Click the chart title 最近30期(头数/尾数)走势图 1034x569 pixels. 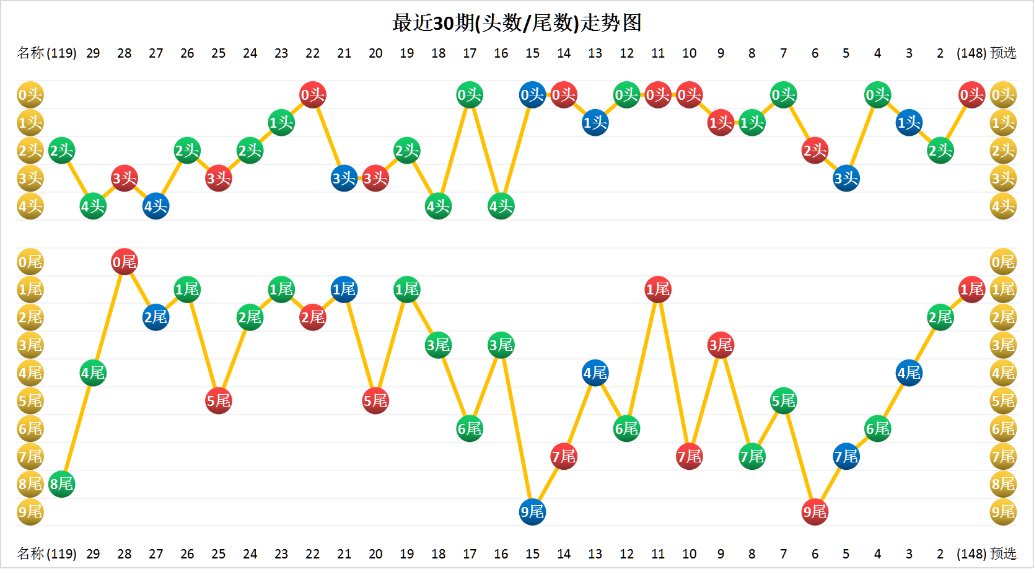(517, 23)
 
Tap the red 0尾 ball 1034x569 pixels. (125, 262)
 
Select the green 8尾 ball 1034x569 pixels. (61, 484)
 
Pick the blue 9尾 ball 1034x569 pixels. (532, 511)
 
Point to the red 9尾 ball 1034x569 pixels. (815, 511)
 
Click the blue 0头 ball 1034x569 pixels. (532, 95)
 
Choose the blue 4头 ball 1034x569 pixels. (156, 206)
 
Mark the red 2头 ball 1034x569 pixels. (815, 151)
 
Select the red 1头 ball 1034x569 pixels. (721, 123)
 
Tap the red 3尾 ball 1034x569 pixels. (721, 345)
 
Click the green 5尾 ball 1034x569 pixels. (784, 400)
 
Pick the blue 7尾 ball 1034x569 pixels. (846, 456)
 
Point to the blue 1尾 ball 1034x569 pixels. (344, 289)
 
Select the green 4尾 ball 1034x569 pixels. (93, 373)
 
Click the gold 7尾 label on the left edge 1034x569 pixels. (30, 456)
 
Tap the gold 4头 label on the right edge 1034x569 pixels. (1003, 206)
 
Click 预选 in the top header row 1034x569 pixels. (1003, 53)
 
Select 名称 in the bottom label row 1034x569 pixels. (30, 554)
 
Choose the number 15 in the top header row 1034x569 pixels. (532, 53)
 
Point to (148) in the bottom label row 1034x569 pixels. (971, 554)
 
